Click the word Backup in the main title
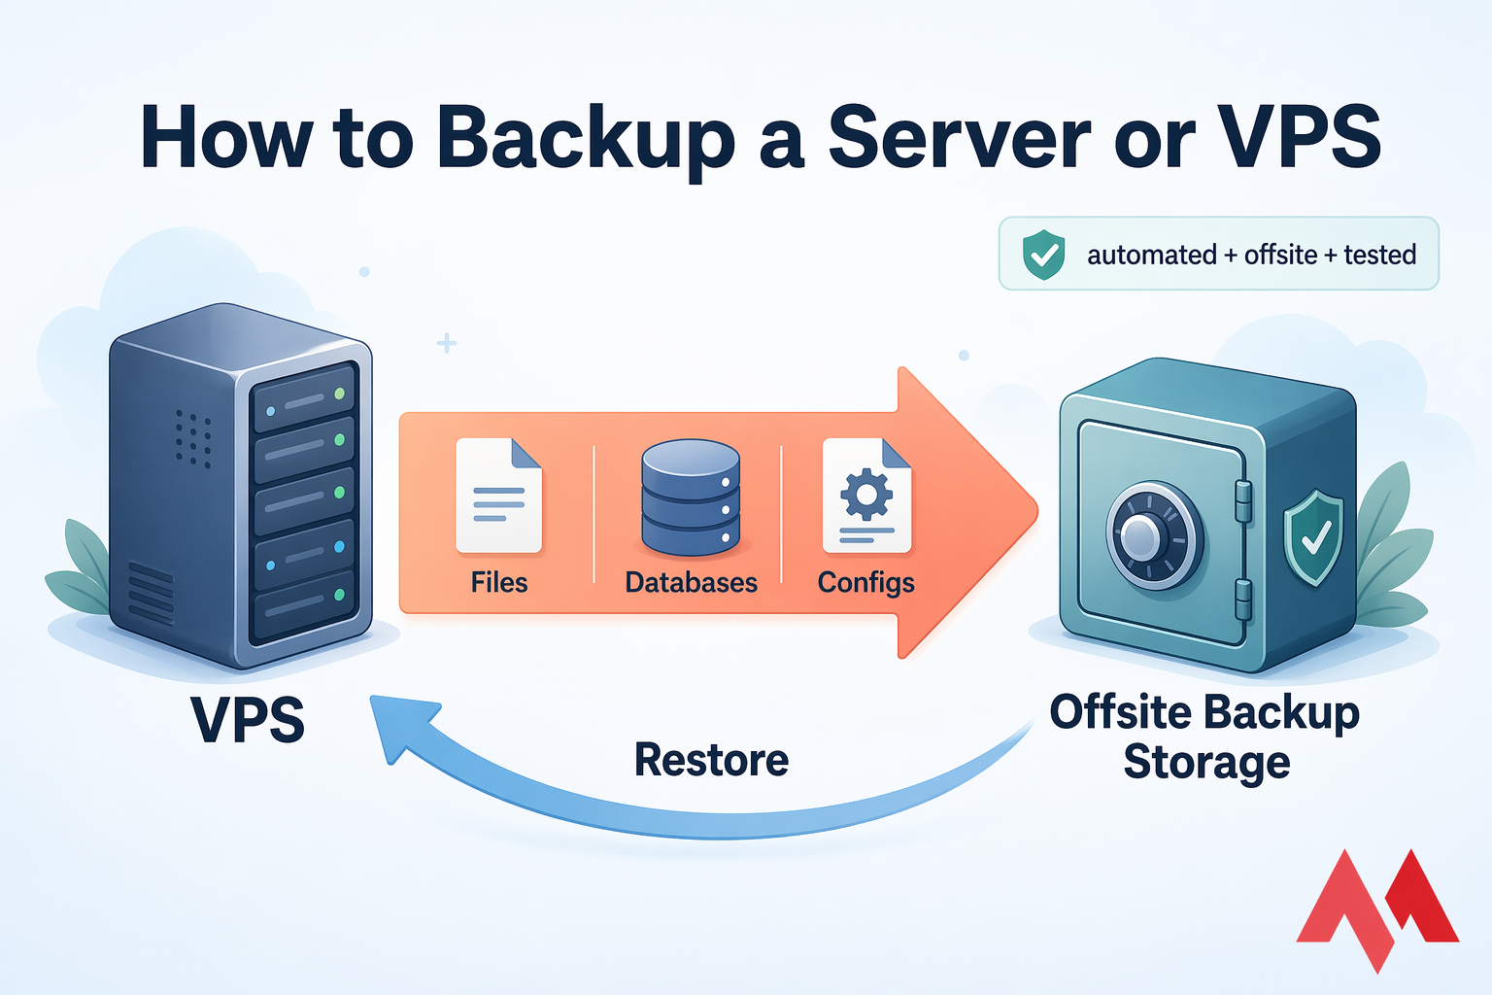[586, 137]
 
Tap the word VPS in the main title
[1299, 137]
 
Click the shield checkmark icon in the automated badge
[1043, 255]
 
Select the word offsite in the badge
[1280, 255]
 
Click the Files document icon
[498, 496]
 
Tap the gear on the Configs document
[865, 494]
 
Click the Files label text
[498, 582]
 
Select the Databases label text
[691, 582]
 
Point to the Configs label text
[865, 582]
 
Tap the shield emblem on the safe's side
[1313, 537]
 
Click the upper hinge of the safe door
[1242, 500]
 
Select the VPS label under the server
[248, 720]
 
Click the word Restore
[711, 760]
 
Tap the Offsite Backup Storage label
[1204, 737]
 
